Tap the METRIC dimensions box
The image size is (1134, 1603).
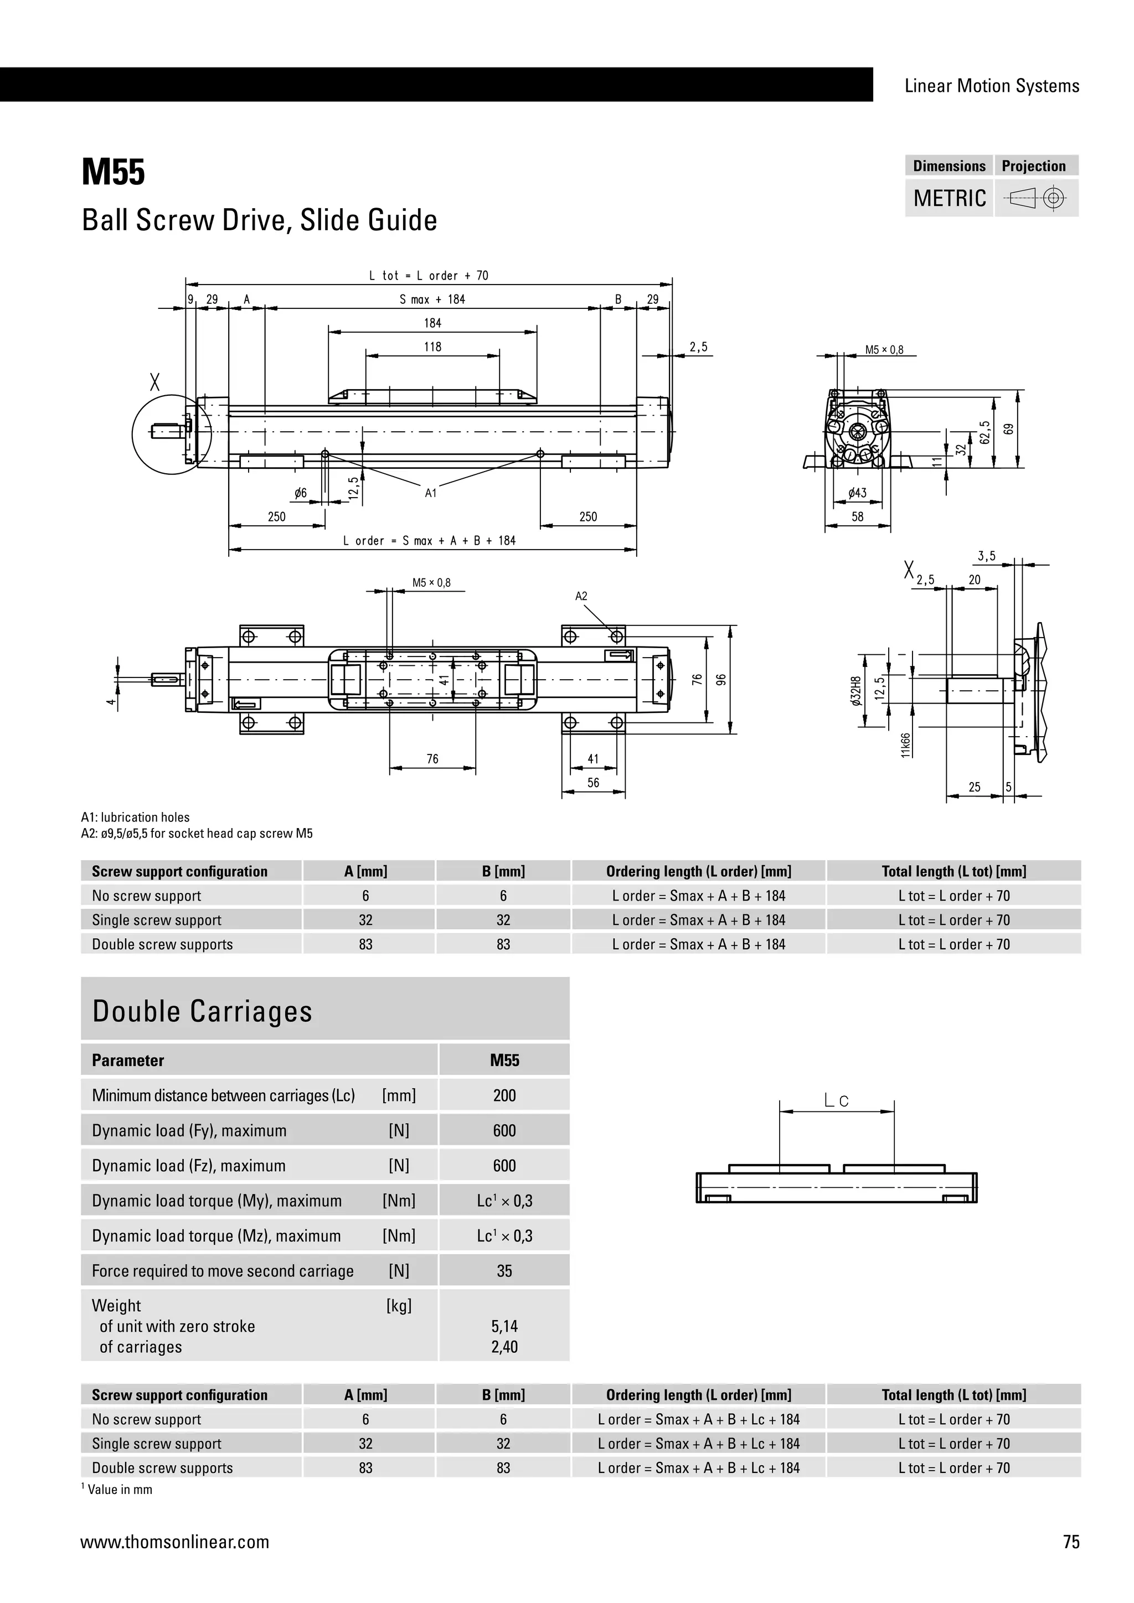[949, 198]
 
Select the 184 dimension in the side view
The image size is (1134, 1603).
[432, 323]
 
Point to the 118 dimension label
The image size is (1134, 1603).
[432, 347]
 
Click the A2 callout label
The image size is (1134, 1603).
[581, 596]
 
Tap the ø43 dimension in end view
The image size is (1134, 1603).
[858, 493]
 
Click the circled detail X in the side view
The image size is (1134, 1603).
[172, 435]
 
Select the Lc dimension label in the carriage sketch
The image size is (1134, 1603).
[836, 1101]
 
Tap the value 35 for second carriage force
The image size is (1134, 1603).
[504, 1271]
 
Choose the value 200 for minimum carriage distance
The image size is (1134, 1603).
[504, 1095]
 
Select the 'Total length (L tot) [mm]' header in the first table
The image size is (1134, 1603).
[954, 871]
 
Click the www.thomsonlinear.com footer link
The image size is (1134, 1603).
[174, 1542]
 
